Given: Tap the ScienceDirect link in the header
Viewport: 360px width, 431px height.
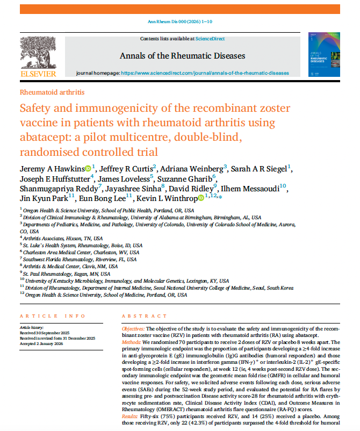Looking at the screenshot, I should (x=211, y=39).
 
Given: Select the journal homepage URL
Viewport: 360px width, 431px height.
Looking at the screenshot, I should (x=205, y=73).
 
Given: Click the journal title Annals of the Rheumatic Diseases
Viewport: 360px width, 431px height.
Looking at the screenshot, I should (x=182, y=56).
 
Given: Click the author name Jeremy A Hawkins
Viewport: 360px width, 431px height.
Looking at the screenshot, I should (x=52, y=169).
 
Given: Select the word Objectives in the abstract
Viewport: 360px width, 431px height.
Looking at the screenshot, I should (x=134, y=327).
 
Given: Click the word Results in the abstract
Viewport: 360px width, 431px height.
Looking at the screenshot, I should (x=132, y=416).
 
